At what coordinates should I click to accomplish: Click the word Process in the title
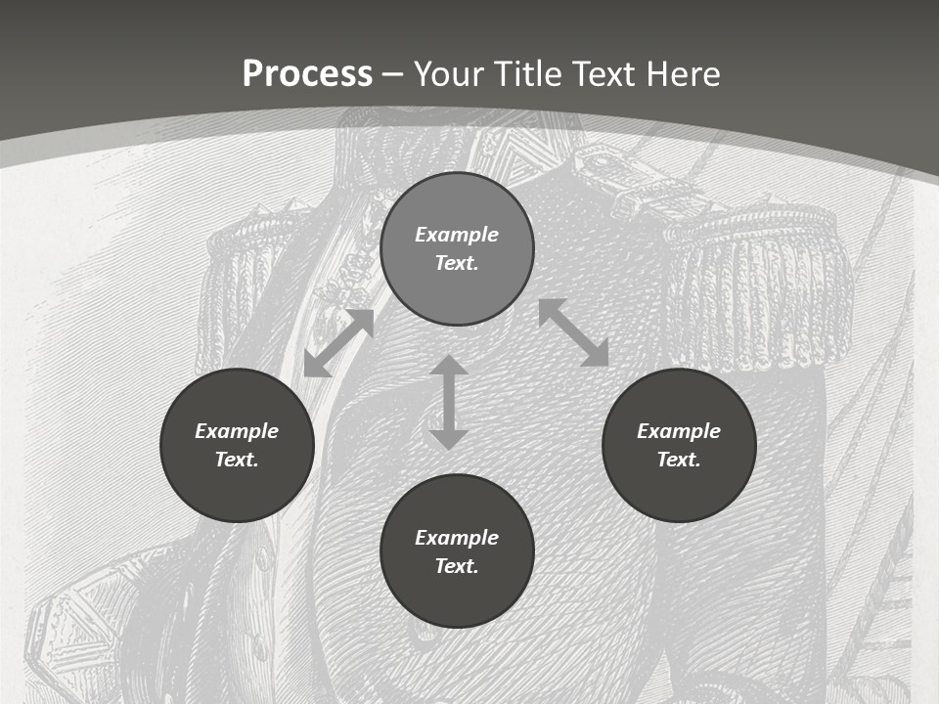click(307, 74)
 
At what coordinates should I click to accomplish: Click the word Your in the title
click(450, 74)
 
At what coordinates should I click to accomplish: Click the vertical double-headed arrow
click(449, 402)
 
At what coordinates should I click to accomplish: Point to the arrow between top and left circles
click(338, 342)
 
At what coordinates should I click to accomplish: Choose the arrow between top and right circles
click(573, 332)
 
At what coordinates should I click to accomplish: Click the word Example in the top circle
click(457, 235)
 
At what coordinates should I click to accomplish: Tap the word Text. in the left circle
click(237, 460)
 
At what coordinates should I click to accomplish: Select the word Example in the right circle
click(679, 431)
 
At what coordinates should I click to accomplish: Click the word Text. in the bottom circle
click(457, 566)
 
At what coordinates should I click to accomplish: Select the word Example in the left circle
click(237, 431)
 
